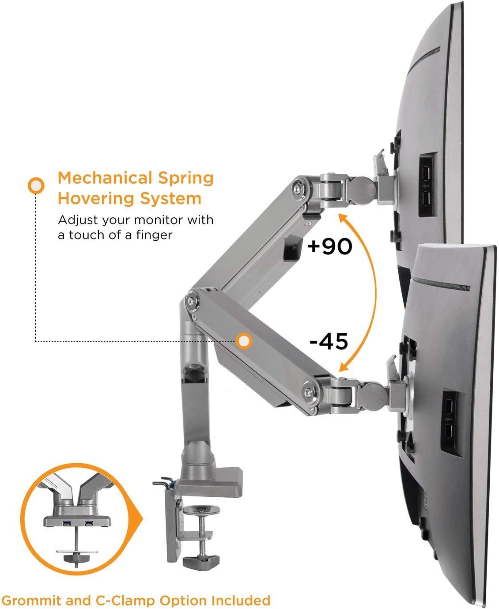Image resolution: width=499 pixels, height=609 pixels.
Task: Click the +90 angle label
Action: (329, 246)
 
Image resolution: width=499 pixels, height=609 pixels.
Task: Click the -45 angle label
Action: (329, 341)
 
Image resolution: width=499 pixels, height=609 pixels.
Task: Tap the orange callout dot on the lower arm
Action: (244, 341)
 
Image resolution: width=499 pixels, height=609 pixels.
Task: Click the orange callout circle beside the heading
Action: (36, 185)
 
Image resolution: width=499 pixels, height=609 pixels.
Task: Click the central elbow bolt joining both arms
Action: (192, 301)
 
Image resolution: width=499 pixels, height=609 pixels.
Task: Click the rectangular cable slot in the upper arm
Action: (292, 249)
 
